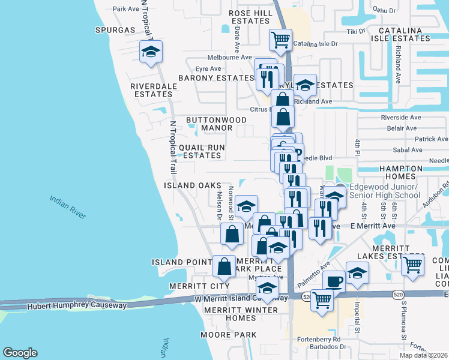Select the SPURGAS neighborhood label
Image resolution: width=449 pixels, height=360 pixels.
[x=115, y=29]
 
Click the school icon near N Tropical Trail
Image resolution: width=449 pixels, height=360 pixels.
[x=151, y=52]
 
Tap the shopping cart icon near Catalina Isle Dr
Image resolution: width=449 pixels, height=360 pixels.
[x=280, y=40]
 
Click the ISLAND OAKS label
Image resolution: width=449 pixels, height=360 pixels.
[x=188, y=185]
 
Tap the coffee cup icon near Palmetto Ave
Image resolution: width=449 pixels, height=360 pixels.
[x=334, y=281]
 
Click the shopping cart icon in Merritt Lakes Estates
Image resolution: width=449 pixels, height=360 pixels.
[x=413, y=265]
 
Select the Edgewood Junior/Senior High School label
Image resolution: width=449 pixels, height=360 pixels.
[x=385, y=191]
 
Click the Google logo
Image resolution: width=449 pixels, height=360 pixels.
[x=20, y=353]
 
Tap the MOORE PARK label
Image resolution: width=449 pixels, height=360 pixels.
[x=229, y=334]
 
